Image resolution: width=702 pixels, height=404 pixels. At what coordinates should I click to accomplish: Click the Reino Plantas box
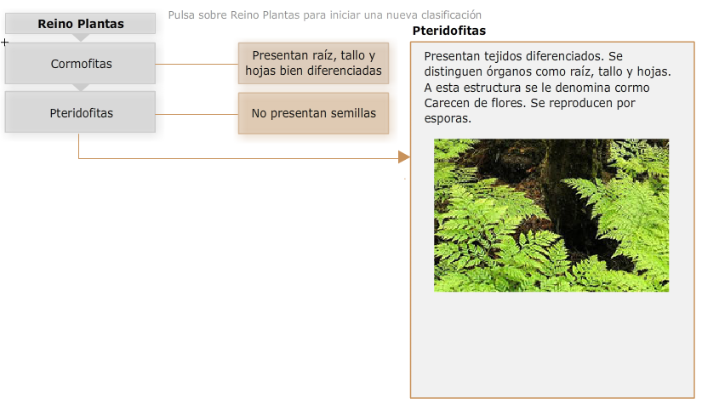pos(81,23)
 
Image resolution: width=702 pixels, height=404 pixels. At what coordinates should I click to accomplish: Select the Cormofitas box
pos(81,64)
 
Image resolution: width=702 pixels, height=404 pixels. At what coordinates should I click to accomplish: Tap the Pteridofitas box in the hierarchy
pos(81,112)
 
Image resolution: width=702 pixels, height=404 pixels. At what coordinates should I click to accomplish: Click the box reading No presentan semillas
pos(313,113)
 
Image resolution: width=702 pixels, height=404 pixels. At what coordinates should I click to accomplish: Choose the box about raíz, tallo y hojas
pos(313,63)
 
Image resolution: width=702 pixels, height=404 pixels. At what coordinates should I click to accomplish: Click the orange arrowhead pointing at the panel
pos(404,157)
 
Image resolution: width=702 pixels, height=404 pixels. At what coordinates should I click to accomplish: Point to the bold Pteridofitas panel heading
pos(449,31)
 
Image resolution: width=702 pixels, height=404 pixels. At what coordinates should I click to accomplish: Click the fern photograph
pos(551,215)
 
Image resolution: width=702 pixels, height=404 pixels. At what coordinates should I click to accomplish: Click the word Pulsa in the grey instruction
pos(181,14)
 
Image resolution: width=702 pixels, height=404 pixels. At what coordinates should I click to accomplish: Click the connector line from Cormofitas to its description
pos(197,64)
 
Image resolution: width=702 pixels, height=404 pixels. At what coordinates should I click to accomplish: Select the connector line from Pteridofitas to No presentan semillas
pos(197,114)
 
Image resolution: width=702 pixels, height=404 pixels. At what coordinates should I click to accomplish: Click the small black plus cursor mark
pos(4,43)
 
